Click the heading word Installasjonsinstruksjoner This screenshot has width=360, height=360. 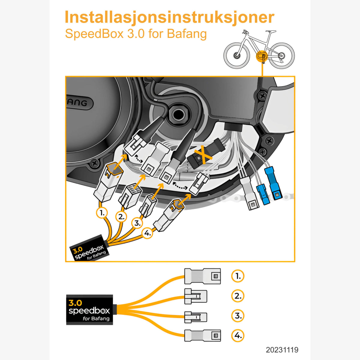[169, 17]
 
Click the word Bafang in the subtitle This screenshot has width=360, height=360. [187, 34]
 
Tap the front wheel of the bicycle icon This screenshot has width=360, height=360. [237, 56]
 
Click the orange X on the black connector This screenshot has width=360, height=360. [201, 156]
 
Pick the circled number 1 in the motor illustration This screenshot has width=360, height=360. [102, 213]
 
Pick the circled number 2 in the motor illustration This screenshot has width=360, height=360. [121, 216]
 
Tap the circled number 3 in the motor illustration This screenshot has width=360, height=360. [137, 223]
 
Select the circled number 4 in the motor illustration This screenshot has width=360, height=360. [147, 232]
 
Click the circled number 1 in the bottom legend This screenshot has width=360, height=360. [238, 276]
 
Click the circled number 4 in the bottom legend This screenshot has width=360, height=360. [238, 335]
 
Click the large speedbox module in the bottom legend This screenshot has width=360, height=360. [89, 310]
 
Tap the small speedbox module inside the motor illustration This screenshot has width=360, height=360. [89, 249]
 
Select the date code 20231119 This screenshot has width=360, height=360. [282, 350]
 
